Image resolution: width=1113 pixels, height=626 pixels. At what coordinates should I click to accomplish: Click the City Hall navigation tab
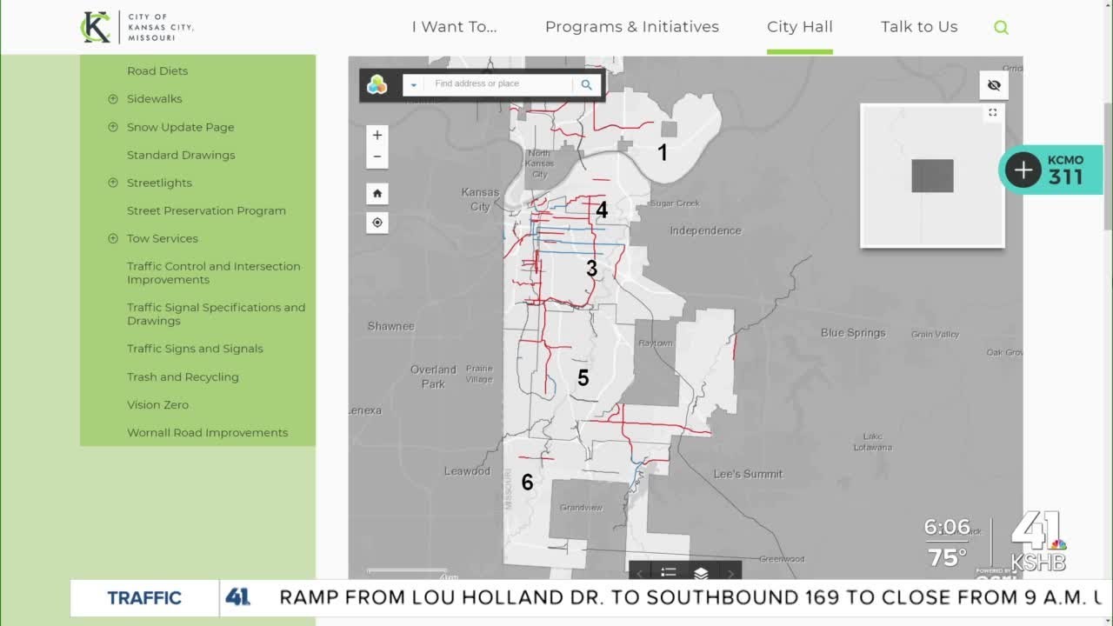[x=799, y=27]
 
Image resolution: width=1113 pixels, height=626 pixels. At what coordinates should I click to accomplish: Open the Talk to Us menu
[x=918, y=27]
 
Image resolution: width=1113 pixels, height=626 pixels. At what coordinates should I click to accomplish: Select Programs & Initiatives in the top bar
[x=631, y=27]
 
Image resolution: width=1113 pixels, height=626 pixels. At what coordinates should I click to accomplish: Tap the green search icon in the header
[x=1001, y=28]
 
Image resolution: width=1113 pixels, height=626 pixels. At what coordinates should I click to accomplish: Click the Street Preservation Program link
[x=206, y=210]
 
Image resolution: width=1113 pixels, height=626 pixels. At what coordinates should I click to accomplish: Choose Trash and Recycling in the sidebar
[x=183, y=376]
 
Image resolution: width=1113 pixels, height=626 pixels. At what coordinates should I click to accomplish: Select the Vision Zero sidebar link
[x=157, y=404]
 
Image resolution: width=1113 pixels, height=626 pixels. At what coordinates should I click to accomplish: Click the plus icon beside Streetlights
[x=113, y=183]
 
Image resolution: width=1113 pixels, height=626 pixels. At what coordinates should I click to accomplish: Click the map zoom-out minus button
[x=377, y=156]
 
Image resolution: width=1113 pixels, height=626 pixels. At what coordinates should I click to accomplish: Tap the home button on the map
[x=377, y=193]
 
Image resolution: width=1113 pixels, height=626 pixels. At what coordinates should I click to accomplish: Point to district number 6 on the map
[x=527, y=482]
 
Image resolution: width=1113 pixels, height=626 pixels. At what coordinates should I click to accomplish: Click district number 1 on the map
[x=663, y=153]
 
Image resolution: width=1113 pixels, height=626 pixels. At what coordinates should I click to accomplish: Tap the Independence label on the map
[x=705, y=230]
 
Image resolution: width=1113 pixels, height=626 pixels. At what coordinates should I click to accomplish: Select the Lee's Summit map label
[x=748, y=474]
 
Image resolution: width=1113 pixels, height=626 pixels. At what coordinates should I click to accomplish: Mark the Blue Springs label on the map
[x=853, y=333]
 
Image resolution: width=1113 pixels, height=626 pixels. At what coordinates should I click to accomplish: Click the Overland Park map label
[x=433, y=376]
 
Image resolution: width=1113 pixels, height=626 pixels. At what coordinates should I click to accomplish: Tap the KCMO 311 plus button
[x=1023, y=170]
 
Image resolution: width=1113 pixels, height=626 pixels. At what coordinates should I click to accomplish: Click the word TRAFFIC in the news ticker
[x=144, y=597]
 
